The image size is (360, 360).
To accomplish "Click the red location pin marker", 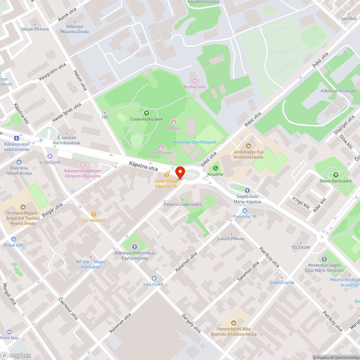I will pyautogui.click(x=180, y=172).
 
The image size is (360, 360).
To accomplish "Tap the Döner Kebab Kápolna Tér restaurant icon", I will pyautogui.click(x=166, y=175).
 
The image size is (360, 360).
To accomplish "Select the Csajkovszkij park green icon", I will pyautogui.click(x=146, y=113).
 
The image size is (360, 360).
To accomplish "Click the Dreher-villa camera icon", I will pyautogui.click(x=195, y=81).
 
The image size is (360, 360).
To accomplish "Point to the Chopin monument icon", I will pyautogui.click(x=174, y=122).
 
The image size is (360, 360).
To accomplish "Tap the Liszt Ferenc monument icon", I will pyautogui.click(x=161, y=147).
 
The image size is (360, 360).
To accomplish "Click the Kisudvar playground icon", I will pyautogui.click(x=215, y=168).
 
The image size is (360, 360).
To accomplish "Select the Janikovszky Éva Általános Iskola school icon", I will pyautogui.click(x=248, y=146).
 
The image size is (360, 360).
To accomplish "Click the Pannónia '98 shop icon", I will pyautogui.click(x=245, y=211).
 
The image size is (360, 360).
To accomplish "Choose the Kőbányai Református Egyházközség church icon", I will pyautogui.click(x=135, y=247).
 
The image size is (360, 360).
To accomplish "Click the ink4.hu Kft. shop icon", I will pyautogui.click(x=154, y=278).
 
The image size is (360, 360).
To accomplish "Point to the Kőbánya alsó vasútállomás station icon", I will pyautogui.click(x=17, y=138).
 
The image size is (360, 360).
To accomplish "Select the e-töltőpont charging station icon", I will pyautogui.click(x=50, y=156).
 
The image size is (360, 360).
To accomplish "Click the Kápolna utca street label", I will pyautogui.click(x=143, y=166).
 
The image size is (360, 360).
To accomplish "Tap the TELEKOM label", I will pyautogui.click(x=300, y=248).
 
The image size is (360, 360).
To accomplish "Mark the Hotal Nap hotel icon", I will pyautogui.click(x=9, y=332).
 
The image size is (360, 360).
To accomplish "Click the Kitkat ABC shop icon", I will pyautogui.click(x=14, y=239).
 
